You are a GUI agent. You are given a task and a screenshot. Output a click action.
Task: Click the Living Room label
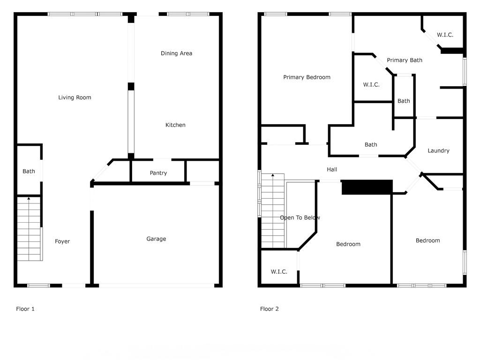[x=75, y=97]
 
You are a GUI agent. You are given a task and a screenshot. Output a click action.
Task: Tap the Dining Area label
[x=176, y=53]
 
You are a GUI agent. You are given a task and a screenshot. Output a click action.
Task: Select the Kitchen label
[x=175, y=125]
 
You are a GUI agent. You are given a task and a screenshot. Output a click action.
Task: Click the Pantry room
[x=158, y=173]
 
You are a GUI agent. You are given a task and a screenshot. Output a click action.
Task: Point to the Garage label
[x=156, y=239]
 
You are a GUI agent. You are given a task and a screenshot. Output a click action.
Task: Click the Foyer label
[x=62, y=241]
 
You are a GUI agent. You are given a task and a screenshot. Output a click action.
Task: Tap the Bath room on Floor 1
[x=29, y=172]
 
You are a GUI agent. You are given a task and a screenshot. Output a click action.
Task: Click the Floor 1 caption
[x=25, y=309]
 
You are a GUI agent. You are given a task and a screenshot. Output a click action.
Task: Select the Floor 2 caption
[x=270, y=309]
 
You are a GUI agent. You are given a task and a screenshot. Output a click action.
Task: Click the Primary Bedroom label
[x=307, y=77]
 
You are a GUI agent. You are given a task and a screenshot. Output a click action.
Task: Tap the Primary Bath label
[x=405, y=60]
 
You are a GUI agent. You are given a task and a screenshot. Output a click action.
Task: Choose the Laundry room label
[x=439, y=150]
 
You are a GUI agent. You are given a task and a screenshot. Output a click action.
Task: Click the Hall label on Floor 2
[x=332, y=170]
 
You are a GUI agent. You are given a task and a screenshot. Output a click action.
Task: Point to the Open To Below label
[x=300, y=218]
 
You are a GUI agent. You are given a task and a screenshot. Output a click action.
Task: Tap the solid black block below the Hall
[x=367, y=187]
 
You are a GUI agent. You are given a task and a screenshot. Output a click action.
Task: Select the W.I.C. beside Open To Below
[x=279, y=272]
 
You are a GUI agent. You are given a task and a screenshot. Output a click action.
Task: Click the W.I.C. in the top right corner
[x=445, y=35]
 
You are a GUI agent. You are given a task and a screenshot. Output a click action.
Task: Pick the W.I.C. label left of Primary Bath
[x=371, y=85]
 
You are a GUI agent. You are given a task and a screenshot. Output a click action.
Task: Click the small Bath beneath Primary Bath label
[x=404, y=101]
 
